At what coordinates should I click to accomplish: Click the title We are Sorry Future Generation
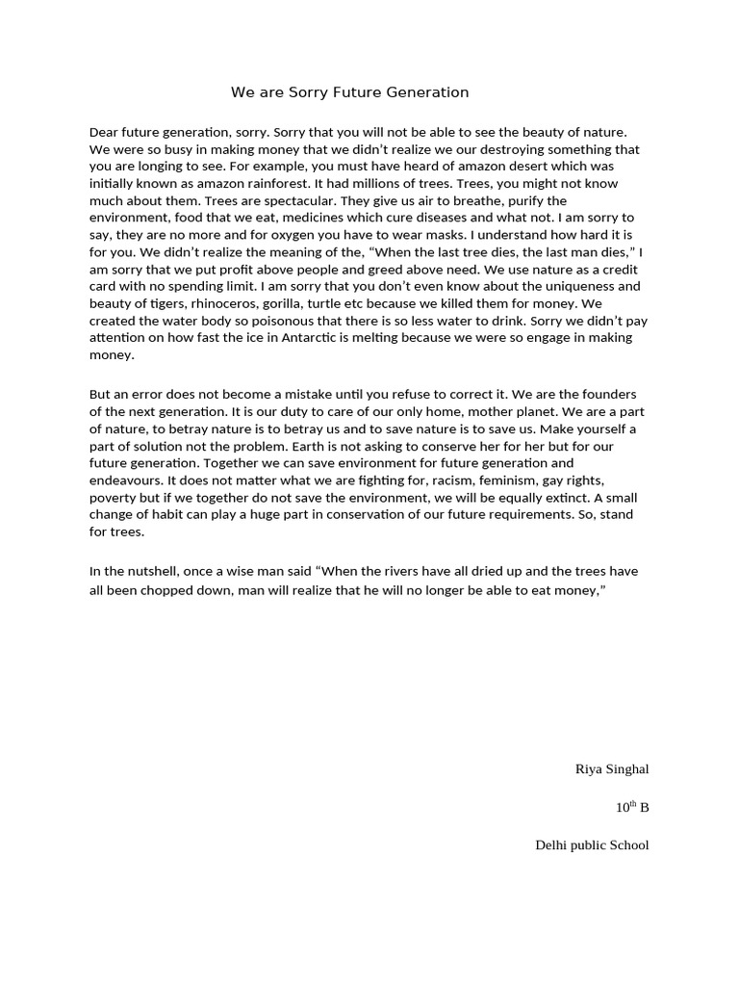(x=349, y=92)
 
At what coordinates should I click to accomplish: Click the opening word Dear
(x=105, y=132)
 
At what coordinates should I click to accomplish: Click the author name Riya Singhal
(x=611, y=769)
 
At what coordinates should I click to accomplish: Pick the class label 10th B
(x=632, y=807)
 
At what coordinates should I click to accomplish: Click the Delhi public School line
(x=591, y=845)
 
